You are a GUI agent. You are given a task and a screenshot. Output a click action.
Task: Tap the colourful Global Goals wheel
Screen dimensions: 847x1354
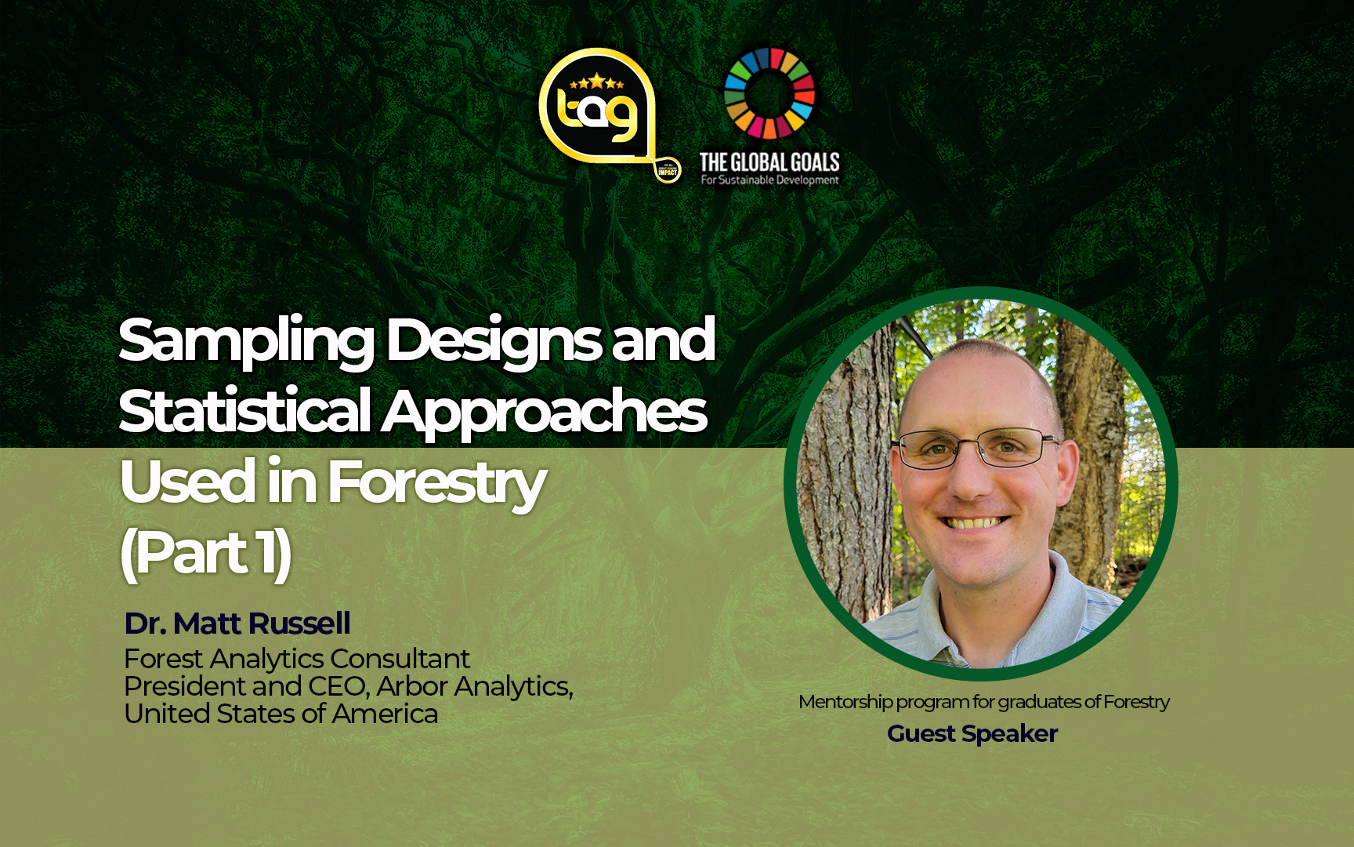click(x=769, y=93)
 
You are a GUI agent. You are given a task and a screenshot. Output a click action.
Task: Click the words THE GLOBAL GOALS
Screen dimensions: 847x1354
click(x=769, y=162)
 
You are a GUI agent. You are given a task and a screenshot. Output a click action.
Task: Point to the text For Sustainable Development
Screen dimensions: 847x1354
click(x=769, y=180)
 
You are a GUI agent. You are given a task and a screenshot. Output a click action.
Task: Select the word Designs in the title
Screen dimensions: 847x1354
click(x=494, y=341)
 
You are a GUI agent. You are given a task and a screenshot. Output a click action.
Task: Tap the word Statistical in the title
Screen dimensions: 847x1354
click(x=244, y=411)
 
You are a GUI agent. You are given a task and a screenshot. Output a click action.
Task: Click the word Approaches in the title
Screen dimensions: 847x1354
click(x=545, y=413)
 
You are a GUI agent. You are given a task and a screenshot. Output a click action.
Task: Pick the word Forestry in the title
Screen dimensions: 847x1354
click(x=436, y=482)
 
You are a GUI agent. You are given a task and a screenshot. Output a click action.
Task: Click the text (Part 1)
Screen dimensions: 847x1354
click(x=206, y=554)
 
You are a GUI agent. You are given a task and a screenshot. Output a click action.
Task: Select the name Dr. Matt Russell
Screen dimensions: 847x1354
click(x=237, y=623)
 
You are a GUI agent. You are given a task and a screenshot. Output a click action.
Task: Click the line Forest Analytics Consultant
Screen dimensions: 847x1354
click(x=297, y=659)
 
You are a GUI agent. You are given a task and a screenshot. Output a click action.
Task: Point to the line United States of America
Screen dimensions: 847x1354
click(x=281, y=714)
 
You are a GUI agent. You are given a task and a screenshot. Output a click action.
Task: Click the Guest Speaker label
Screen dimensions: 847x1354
click(x=972, y=733)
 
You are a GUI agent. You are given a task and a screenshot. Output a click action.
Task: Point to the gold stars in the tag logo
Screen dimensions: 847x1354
click(x=597, y=82)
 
